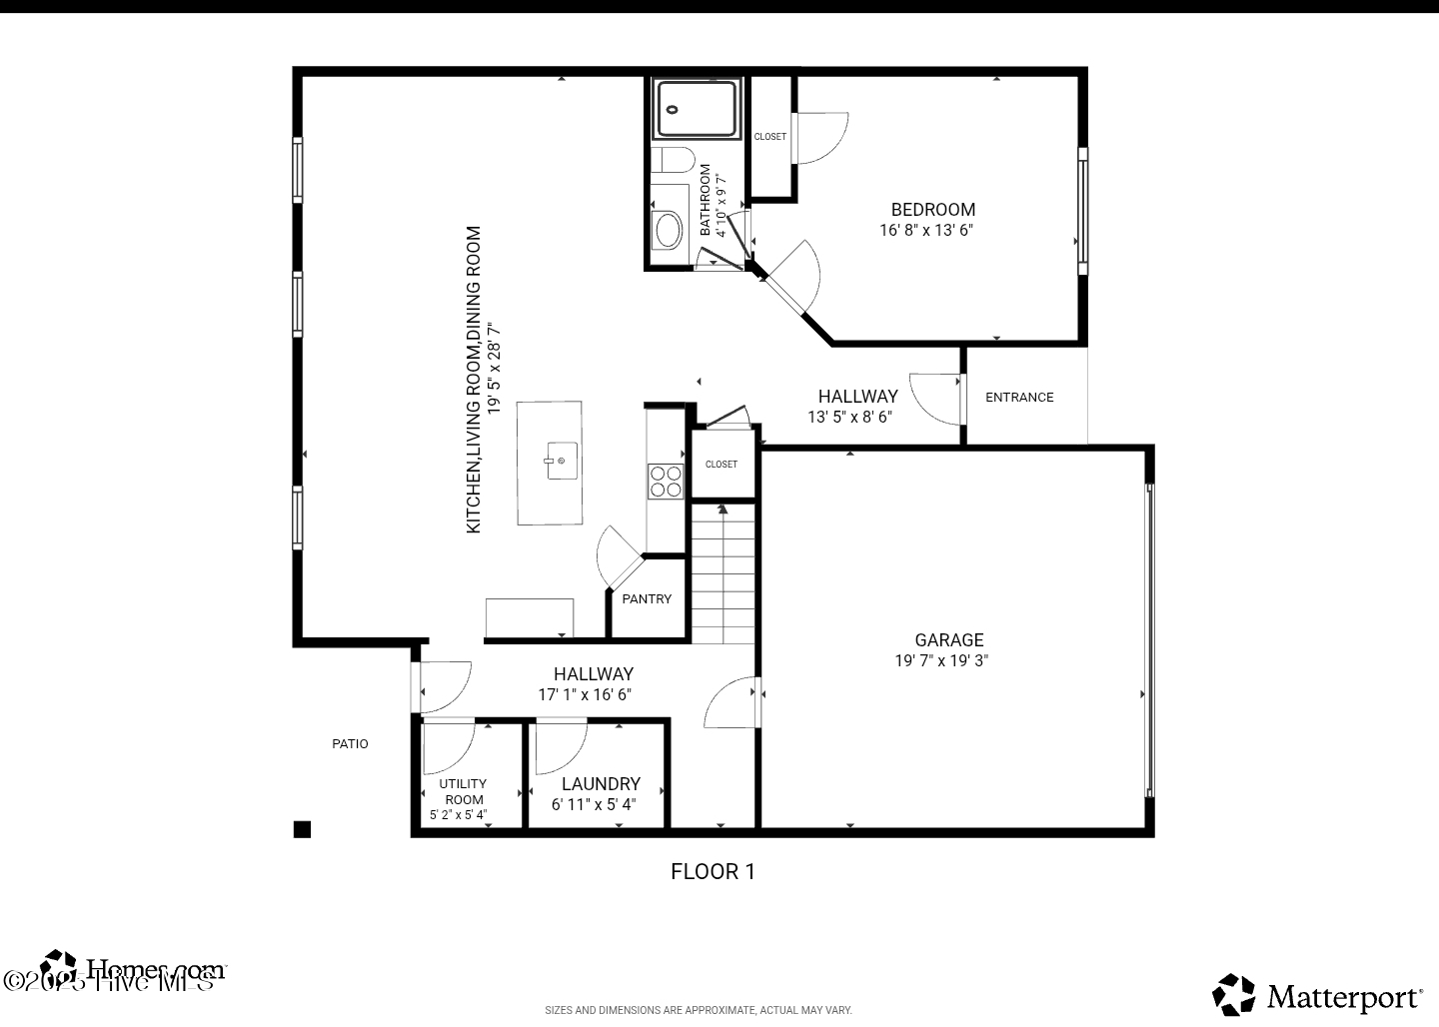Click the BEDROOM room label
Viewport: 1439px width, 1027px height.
932,210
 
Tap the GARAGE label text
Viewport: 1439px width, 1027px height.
948,640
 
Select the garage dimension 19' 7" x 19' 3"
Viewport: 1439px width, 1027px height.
941,660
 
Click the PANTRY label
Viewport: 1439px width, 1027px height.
647,599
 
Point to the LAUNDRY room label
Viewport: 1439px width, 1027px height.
601,784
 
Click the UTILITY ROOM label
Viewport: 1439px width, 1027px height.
463,791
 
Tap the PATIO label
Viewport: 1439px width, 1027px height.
350,744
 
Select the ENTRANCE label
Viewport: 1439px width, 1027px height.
1019,398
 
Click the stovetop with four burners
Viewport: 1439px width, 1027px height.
666,482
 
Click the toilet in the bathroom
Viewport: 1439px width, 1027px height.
672,160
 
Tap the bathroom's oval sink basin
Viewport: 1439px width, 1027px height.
667,230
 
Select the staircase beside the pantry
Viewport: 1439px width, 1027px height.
722,574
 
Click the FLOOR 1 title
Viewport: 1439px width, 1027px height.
713,871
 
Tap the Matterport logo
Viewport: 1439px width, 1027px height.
1318,995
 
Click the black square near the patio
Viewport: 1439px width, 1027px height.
302,829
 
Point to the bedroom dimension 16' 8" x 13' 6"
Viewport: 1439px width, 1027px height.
926,230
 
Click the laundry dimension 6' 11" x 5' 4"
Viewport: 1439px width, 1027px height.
594,804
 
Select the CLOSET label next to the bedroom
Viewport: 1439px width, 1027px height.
769,137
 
